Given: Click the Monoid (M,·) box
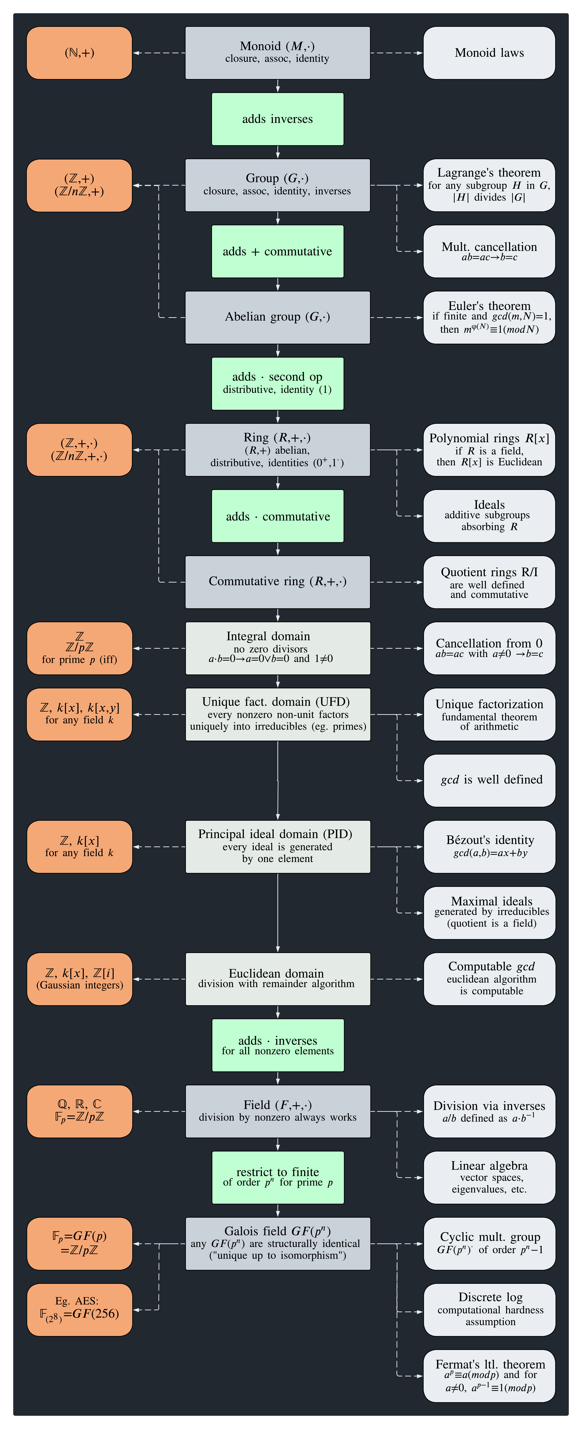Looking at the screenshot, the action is click(x=277, y=53).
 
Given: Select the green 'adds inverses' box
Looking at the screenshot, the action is click(x=277, y=119).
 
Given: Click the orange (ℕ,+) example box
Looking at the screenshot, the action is click(x=79, y=53).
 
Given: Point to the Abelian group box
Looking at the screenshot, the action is click(x=277, y=317).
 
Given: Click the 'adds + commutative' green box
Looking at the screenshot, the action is click(x=277, y=251).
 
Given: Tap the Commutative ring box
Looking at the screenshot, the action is click(x=277, y=582).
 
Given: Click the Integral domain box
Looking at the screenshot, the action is click(x=277, y=648).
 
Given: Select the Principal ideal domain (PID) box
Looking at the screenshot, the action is click(x=277, y=846).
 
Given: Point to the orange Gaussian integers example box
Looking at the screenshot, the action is click(x=79, y=979).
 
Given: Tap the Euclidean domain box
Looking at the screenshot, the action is click(x=277, y=979).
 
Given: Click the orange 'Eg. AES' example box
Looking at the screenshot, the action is click(x=79, y=1310).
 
